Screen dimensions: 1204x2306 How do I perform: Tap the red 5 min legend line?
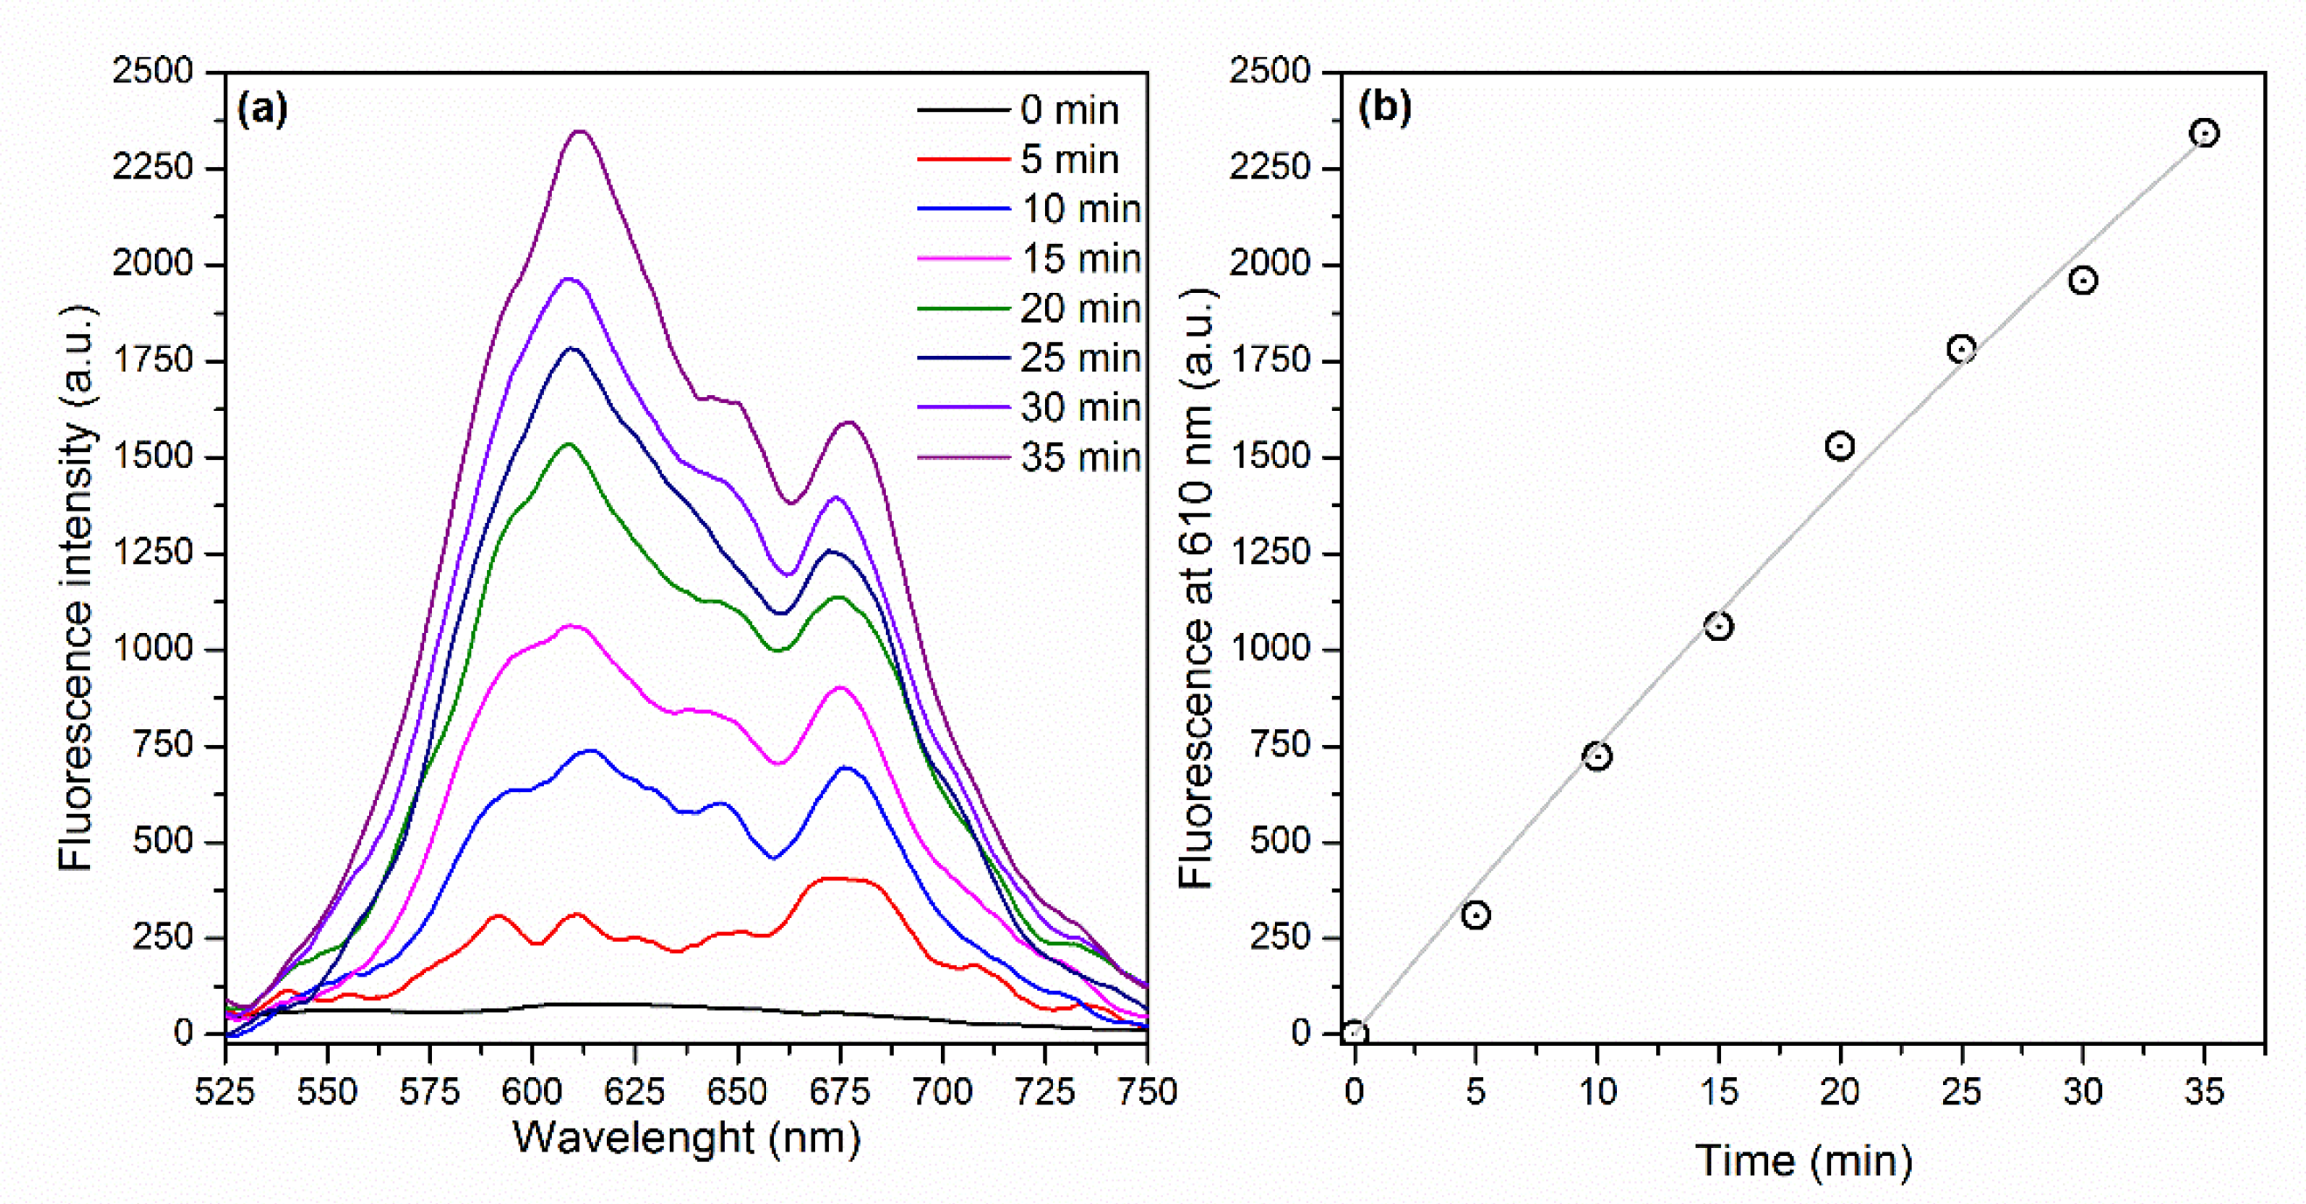click(x=963, y=159)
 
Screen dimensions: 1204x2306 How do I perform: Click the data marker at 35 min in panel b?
click(x=2204, y=134)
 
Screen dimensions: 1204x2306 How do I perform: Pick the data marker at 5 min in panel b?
click(x=1475, y=915)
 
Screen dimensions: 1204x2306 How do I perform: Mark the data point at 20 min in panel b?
click(x=1840, y=446)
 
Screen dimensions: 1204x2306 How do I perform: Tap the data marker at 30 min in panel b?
click(x=2083, y=281)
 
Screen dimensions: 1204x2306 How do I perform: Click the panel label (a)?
click(x=262, y=108)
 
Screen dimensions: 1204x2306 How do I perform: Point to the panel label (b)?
click(x=1384, y=107)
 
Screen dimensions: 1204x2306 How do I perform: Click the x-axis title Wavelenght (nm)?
click(x=686, y=1138)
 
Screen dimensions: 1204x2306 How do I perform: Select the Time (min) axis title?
click(x=1804, y=1161)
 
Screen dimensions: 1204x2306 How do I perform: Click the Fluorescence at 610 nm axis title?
click(x=1196, y=588)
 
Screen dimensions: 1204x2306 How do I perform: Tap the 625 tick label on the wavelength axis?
click(x=635, y=1092)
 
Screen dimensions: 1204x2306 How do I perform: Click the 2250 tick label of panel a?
click(x=153, y=167)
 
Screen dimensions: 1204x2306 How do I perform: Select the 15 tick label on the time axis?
click(x=1717, y=1092)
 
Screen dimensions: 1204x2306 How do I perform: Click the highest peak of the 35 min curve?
click(x=581, y=131)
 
